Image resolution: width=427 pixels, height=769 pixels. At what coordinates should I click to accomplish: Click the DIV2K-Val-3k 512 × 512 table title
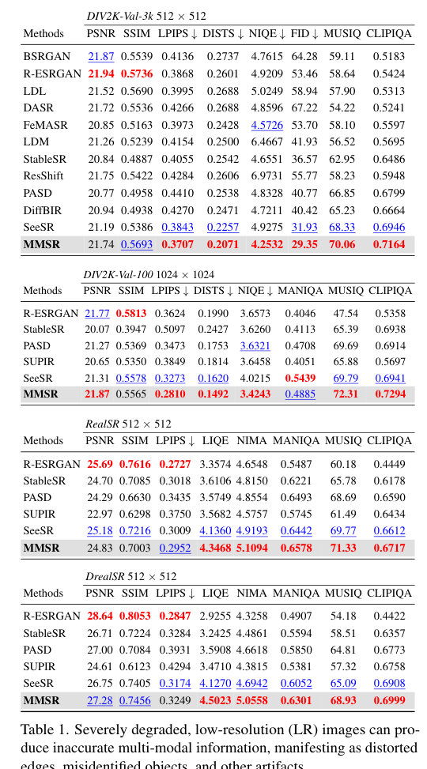coord(146,16)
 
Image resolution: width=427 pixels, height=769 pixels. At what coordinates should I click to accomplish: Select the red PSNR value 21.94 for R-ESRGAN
coord(100,74)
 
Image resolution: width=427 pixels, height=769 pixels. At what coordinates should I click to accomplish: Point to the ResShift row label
coord(43,175)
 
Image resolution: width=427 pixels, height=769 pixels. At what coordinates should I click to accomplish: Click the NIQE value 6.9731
coord(266,175)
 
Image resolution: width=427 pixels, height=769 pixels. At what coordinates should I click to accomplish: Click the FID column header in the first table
coord(304,34)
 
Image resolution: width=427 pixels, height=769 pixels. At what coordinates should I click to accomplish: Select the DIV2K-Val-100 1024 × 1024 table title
coord(149,274)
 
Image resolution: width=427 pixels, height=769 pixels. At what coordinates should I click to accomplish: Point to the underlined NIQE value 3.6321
coord(255,345)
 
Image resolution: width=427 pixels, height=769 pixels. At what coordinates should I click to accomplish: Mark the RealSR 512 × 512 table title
coord(128,424)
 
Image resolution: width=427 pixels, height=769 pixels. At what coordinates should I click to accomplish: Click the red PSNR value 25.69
coord(100,463)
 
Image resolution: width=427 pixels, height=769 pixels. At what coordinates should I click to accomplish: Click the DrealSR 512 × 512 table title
coord(130,576)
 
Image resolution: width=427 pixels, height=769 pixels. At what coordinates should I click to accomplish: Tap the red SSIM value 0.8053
coord(135,616)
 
